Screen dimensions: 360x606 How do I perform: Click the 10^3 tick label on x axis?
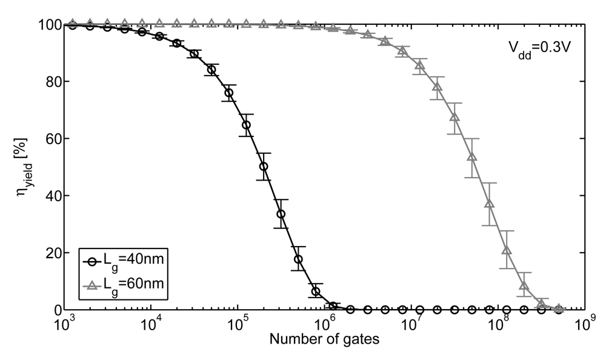tap(64, 324)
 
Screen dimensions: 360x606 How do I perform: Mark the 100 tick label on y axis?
tap(47, 25)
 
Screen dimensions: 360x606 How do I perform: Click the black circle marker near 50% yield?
tap(263, 167)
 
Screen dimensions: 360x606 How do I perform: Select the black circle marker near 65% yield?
tap(246, 125)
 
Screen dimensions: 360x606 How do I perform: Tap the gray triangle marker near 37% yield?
tap(489, 203)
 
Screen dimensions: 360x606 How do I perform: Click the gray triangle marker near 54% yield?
tap(471, 156)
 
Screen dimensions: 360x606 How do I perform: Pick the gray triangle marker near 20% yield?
tap(507, 250)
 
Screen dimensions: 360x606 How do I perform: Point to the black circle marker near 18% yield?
tap(298, 259)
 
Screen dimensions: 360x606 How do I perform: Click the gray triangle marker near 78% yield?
tap(436, 87)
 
